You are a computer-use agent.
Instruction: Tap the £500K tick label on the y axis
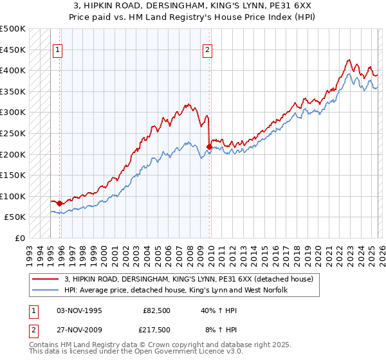13,29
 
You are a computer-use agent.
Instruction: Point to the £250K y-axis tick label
13,133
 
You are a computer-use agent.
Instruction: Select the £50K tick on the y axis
15,217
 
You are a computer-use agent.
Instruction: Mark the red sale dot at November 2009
210,147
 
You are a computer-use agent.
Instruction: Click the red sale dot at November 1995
60,204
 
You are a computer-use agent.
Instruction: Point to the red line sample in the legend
46,279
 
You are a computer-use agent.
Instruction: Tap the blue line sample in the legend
46,291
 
